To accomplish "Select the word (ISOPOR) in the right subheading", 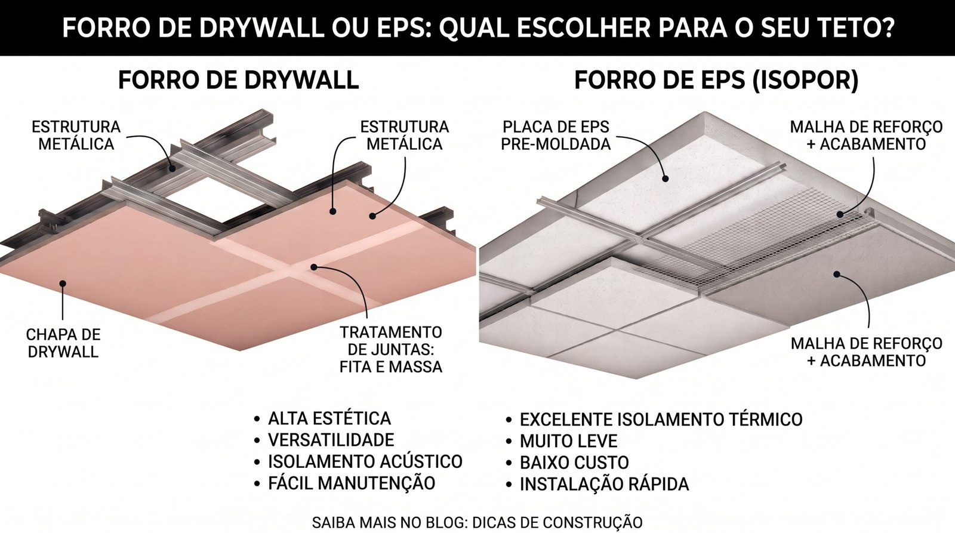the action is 805,80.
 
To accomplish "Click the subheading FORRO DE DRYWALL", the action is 238,80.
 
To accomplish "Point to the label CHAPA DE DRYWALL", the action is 63,343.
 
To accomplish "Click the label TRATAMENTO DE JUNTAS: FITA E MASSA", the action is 391,350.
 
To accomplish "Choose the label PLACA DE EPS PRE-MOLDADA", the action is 556,135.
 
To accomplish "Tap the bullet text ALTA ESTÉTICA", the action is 329,418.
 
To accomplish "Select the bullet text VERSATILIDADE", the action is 331,440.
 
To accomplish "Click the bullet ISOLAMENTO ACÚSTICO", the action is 365,462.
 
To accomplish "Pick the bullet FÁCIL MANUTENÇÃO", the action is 352,483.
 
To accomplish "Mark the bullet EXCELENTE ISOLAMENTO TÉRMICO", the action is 661,420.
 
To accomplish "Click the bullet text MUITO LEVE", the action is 568,441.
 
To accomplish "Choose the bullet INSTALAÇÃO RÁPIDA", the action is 604,485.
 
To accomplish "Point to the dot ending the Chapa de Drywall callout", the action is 63,283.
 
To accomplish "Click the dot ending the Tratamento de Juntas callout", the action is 314,267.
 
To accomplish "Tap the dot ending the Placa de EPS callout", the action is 666,179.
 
